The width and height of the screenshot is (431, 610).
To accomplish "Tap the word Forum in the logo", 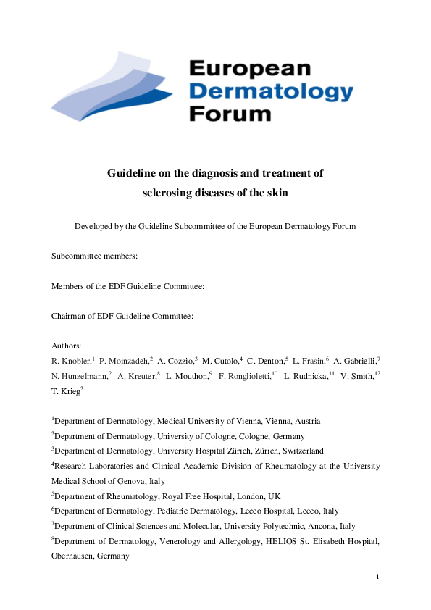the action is click(x=230, y=113).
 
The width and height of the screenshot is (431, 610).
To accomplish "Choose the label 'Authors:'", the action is click(x=67, y=346).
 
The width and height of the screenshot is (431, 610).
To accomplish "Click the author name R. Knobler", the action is click(x=72, y=361).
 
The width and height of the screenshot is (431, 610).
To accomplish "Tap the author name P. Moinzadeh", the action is click(x=125, y=361).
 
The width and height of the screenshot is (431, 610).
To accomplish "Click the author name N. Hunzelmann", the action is click(x=79, y=376).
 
